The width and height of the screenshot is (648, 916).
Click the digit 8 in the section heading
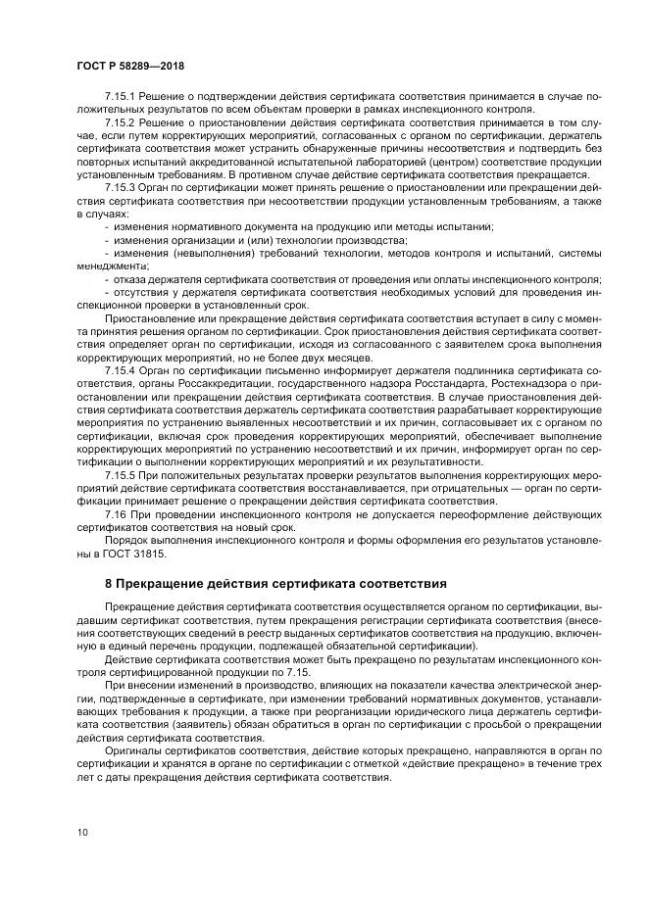point(108,583)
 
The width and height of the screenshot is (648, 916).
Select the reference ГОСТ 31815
point(138,554)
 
